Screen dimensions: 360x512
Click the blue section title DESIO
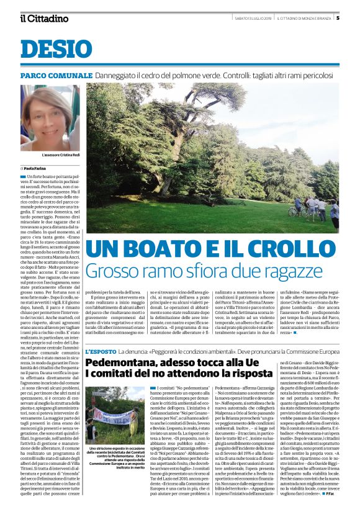pos(52,49)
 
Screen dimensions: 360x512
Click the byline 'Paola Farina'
pos(38,168)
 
